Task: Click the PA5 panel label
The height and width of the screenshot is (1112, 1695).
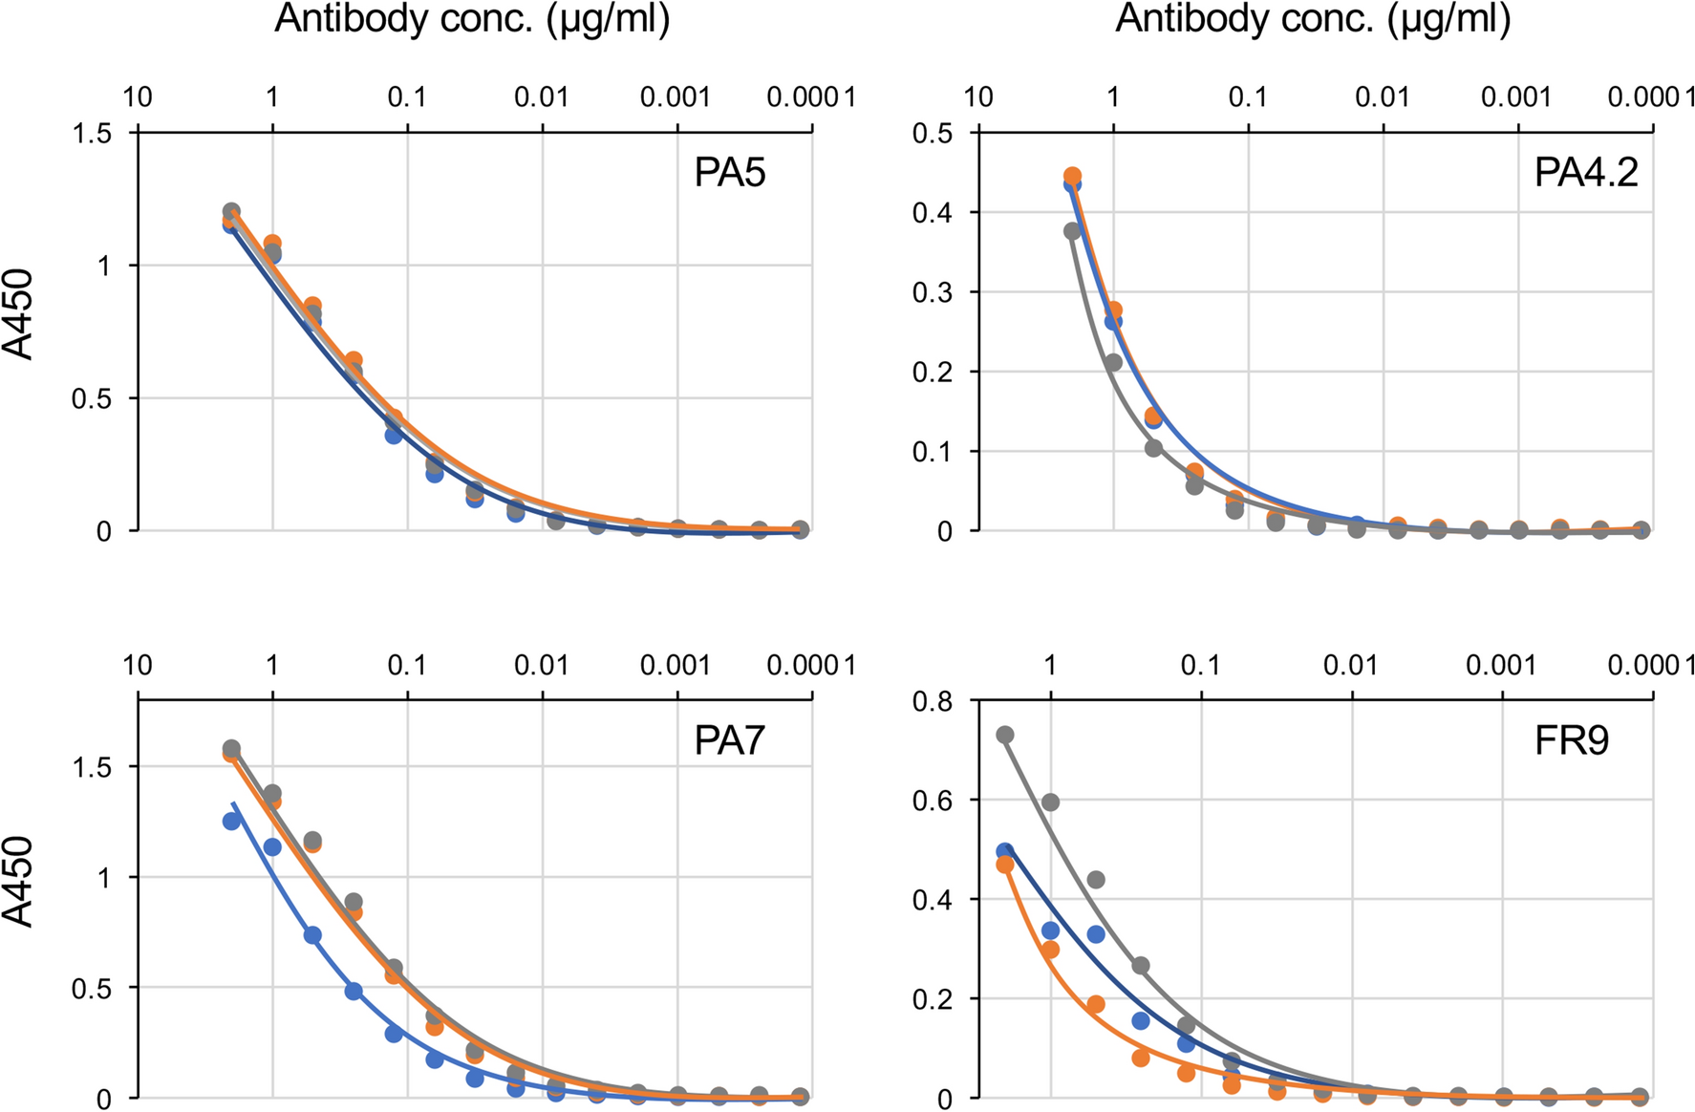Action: point(729,173)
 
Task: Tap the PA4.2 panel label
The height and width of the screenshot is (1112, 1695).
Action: point(1585,173)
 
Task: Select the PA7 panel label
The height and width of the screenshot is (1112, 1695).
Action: point(729,740)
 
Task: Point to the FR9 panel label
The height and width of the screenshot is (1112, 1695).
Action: point(1572,740)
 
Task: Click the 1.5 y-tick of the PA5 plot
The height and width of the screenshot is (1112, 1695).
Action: point(92,134)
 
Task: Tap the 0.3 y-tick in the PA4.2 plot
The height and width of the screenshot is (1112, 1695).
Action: point(932,292)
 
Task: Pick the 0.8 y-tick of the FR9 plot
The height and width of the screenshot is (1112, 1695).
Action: point(932,702)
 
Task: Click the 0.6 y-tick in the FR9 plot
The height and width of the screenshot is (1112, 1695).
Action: point(932,801)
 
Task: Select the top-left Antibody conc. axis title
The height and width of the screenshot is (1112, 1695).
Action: point(472,19)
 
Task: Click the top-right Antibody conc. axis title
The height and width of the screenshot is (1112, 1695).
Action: point(1313,19)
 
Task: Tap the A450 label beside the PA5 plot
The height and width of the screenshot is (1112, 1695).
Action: point(19,315)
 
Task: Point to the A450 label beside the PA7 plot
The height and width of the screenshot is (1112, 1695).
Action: point(19,882)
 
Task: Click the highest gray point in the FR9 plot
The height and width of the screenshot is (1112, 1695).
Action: point(1004,735)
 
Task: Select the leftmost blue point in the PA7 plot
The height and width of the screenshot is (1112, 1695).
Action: point(231,821)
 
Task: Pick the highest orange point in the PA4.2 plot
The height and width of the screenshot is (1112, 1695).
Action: point(1072,176)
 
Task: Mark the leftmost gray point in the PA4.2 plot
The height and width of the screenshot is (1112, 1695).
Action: point(1072,231)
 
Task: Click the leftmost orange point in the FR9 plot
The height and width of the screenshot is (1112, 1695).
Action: point(1004,865)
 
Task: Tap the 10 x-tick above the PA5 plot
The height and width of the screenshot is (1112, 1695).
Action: point(138,97)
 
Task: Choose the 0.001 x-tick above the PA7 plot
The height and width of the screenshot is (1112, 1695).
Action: point(676,665)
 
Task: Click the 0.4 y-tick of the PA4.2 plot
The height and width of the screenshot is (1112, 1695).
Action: point(932,212)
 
